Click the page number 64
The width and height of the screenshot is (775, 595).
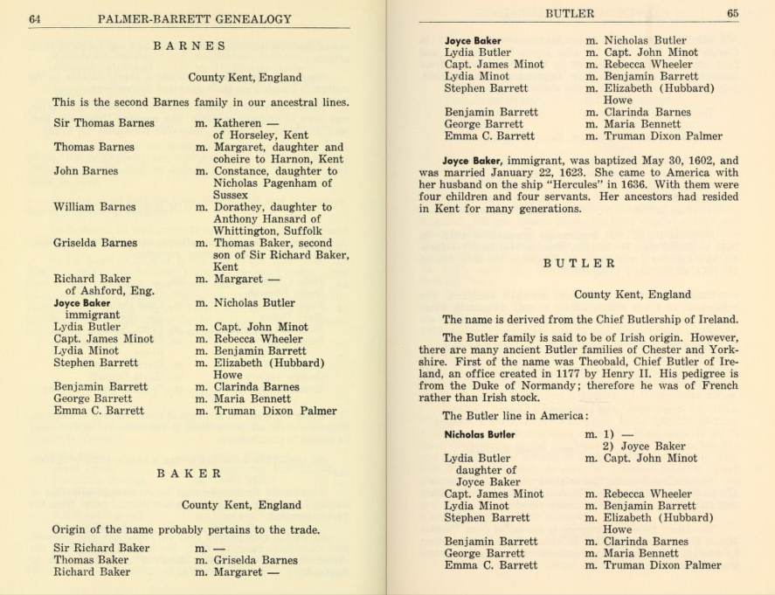[x=35, y=18]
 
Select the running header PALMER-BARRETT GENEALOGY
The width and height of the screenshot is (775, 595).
[x=195, y=18]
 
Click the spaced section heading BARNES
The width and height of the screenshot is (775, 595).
[x=190, y=46]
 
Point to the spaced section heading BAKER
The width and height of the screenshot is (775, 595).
[x=189, y=473]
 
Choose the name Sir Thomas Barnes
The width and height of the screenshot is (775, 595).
[x=104, y=123]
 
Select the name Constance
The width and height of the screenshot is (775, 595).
[x=243, y=171]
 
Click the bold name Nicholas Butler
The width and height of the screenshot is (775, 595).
[x=480, y=434]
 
